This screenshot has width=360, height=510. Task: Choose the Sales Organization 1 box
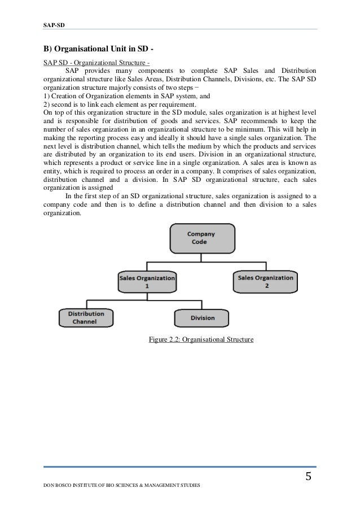click(x=147, y=281)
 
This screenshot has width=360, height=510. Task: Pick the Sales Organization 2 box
click(x=265, y=281)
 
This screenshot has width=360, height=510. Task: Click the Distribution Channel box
click(x=86, y=317)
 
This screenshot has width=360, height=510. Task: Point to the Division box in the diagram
click(x=202, y=317)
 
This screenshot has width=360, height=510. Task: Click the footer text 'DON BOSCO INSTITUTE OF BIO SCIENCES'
click(x=121, y=486)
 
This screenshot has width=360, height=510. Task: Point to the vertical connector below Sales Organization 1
click(x=147, y=297)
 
